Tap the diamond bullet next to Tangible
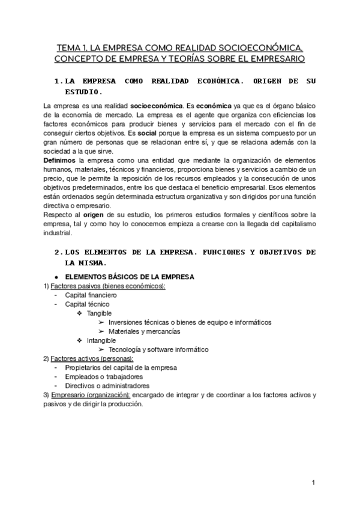click(x=80, y=313)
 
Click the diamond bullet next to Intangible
click(x=80, y=340)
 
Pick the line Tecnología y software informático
click(x=158, y=349)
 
